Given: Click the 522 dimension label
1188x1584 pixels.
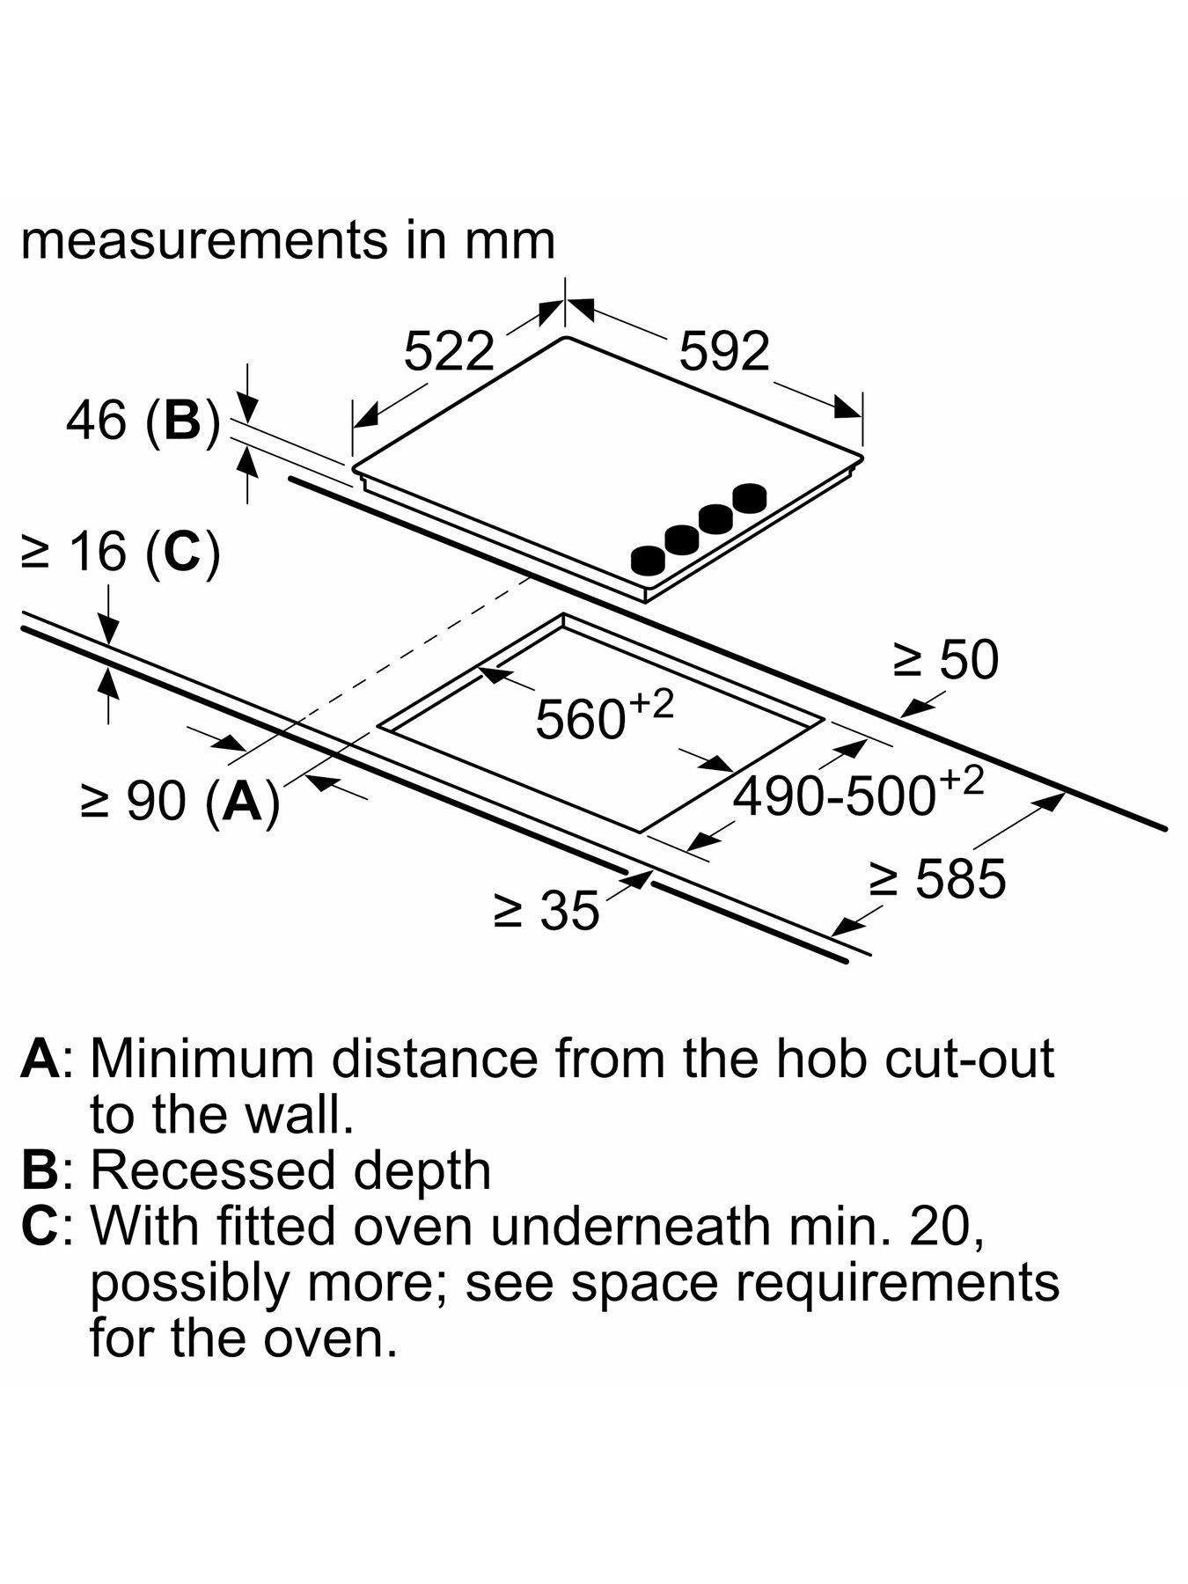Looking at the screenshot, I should click(449, 352).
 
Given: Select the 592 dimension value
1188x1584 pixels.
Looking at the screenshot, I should click(724, 352).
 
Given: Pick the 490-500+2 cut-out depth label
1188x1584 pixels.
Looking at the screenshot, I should click(858, 795).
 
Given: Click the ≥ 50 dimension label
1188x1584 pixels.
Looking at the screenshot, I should click(946, 659).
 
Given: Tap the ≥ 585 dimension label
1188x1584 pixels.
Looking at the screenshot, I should click(937, 878).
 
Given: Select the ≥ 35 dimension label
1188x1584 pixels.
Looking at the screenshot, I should click(546, 910).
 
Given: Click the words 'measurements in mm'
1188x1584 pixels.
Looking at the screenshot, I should click(288, 239).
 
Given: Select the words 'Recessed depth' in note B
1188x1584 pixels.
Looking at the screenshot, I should click(290, 1170).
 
